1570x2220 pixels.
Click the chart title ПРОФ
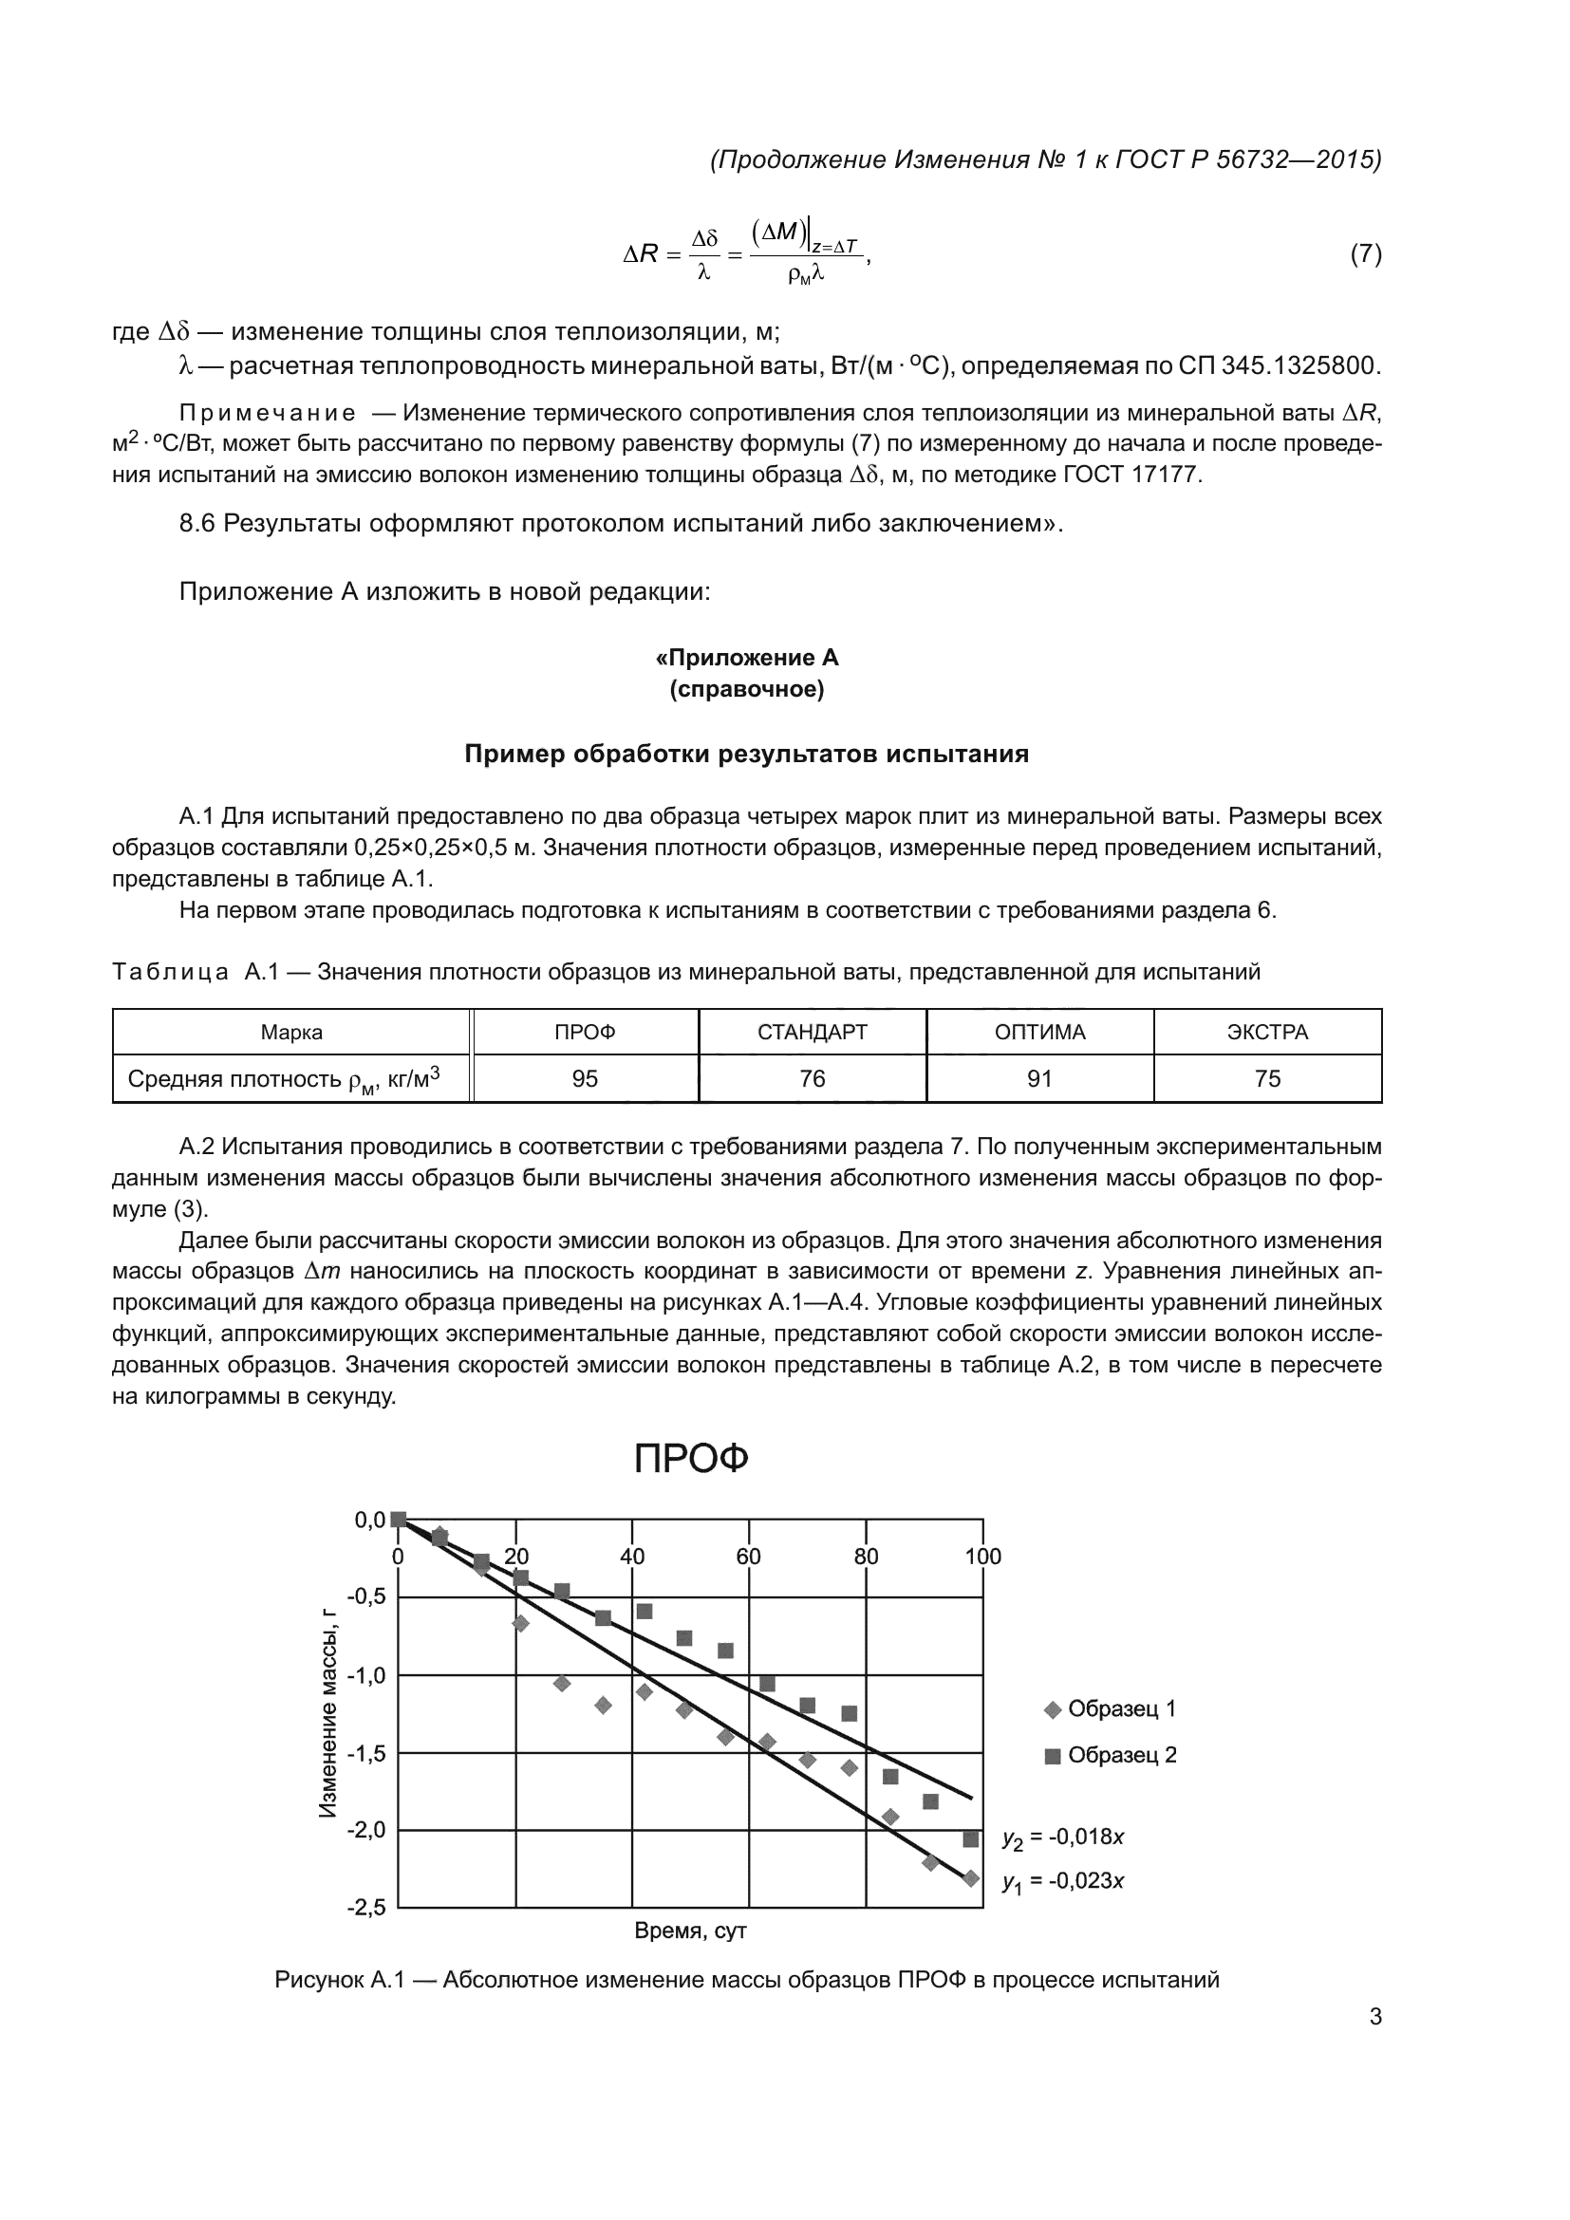691,1459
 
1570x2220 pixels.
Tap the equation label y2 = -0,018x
1063,1838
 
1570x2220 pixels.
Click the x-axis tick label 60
748,1557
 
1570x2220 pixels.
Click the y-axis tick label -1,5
366,1753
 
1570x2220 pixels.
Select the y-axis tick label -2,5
366,1908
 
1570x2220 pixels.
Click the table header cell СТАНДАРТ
813,1032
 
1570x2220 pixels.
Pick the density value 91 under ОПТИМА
1039,1078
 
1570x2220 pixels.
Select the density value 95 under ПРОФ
585,1078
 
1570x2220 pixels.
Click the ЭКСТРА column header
1266,1032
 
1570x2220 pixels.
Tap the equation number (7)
1365,254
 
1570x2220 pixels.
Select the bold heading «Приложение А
747,658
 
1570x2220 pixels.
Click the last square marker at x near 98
971,1838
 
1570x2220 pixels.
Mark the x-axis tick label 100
982,1557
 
